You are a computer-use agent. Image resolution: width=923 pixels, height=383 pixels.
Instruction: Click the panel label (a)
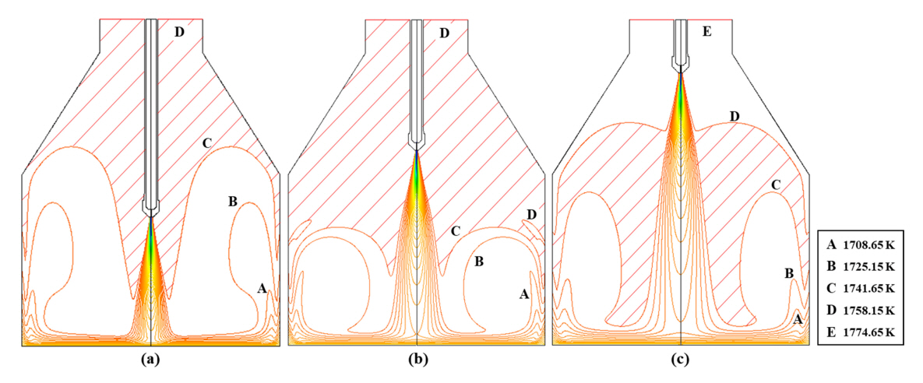click(x=150, y=360)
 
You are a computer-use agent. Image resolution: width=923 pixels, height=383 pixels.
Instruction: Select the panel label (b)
click(x=417, y=360)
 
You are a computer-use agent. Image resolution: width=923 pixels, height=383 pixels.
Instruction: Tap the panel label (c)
click(x=681, y=360)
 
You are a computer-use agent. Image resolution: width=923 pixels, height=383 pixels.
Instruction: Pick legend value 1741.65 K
click(x=868, y=287)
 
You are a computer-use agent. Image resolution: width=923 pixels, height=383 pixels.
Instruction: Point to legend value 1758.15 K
click(x=868, y=310)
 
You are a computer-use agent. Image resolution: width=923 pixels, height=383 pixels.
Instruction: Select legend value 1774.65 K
click(x=868, y=332)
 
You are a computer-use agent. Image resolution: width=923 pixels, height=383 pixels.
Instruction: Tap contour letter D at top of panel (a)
click(x=180, y=33)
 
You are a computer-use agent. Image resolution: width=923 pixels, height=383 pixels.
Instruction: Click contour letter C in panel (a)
click(x=206, y=142)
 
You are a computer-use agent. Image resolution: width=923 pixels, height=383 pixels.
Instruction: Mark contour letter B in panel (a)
click(x=232, y=202)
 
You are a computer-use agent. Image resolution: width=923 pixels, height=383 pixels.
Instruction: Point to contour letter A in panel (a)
click(x=262, y=288)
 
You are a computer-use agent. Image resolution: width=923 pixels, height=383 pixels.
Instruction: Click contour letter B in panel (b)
click(x=479, y=262)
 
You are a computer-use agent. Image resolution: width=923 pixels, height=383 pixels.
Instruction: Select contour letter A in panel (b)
click(x=523, y=293)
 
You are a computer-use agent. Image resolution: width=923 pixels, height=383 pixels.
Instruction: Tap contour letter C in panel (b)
click(x=455, y=231)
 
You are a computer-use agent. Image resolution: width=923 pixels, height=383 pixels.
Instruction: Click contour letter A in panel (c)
click(x=797, y=318)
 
